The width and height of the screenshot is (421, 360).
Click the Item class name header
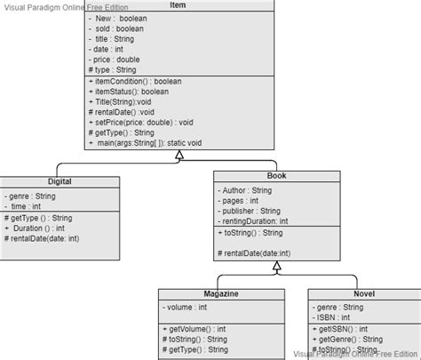coord(177,5)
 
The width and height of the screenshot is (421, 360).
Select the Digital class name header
coord(60,180)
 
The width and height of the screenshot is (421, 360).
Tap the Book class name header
coord(276,176)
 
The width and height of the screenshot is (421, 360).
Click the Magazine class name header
coord(219,293)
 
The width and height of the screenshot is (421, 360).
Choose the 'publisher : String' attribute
coord(252,211)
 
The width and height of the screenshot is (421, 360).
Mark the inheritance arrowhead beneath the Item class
coord(179,155)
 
